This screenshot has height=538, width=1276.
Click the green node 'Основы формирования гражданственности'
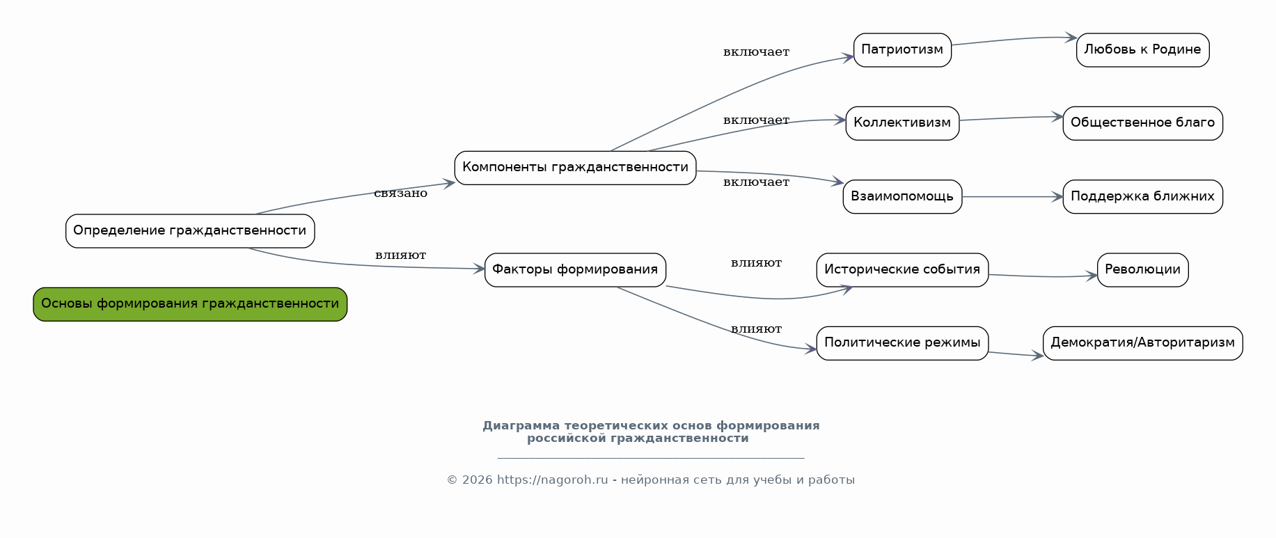point(190,304)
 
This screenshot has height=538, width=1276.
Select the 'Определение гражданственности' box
point(190,231)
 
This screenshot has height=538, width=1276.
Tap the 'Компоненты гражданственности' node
point(575,168)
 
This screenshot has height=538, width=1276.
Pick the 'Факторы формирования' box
point(575,270)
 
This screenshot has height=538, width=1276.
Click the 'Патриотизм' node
point(902,50)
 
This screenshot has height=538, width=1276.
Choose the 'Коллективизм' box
point(902,123)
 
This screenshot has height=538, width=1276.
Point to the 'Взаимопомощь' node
point(902,197)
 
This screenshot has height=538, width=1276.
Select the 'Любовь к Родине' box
point(1142,50)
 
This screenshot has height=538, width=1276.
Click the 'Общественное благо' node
point(1142,123)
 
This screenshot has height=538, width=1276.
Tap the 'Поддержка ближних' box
point(1142,197)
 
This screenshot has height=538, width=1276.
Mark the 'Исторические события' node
point(902,270)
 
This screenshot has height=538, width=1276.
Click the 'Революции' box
point(1142,270)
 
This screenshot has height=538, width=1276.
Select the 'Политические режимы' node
point(902,343)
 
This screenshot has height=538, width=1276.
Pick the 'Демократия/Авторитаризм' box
point(1142,343)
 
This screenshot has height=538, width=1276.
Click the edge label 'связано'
point(400,193)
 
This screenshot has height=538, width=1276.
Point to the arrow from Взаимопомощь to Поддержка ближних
point(1012,197)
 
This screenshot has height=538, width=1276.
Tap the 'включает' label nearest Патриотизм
point(756,52)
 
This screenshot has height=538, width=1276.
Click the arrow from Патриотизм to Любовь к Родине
point(1013,40)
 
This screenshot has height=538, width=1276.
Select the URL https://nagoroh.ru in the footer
point(552,480)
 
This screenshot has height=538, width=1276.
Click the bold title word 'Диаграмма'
point(521,426)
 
